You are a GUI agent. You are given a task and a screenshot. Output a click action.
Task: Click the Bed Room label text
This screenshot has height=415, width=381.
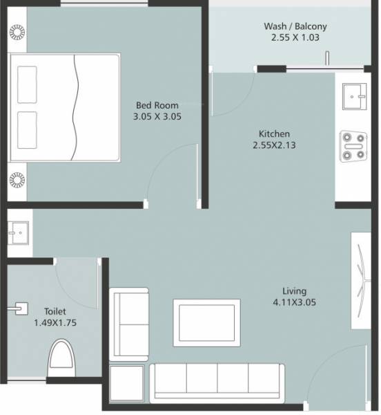(x=157, y=105)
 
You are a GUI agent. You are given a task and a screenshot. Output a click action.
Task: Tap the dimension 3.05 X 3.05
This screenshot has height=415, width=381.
(x=157, y=117)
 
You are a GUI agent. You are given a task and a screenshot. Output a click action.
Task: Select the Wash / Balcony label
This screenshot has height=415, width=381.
(x=295, y=27)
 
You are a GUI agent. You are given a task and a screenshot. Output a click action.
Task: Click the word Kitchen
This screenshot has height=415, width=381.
(x=274, y=133)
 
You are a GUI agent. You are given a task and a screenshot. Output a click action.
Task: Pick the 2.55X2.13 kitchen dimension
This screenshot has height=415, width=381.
(x=274, y=146)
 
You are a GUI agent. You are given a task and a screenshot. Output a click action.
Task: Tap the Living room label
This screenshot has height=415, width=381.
(x=294, y=290)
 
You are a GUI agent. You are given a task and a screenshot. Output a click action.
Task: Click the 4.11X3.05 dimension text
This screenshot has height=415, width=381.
(x=294, y=302)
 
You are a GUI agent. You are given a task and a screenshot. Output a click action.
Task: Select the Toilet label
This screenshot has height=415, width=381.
(x=55, y=311)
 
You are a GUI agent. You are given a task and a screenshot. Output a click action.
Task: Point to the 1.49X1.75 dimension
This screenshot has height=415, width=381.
(x=55, y=323)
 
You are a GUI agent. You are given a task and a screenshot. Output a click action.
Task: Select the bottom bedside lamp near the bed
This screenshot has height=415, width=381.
(x=16, y=181)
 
